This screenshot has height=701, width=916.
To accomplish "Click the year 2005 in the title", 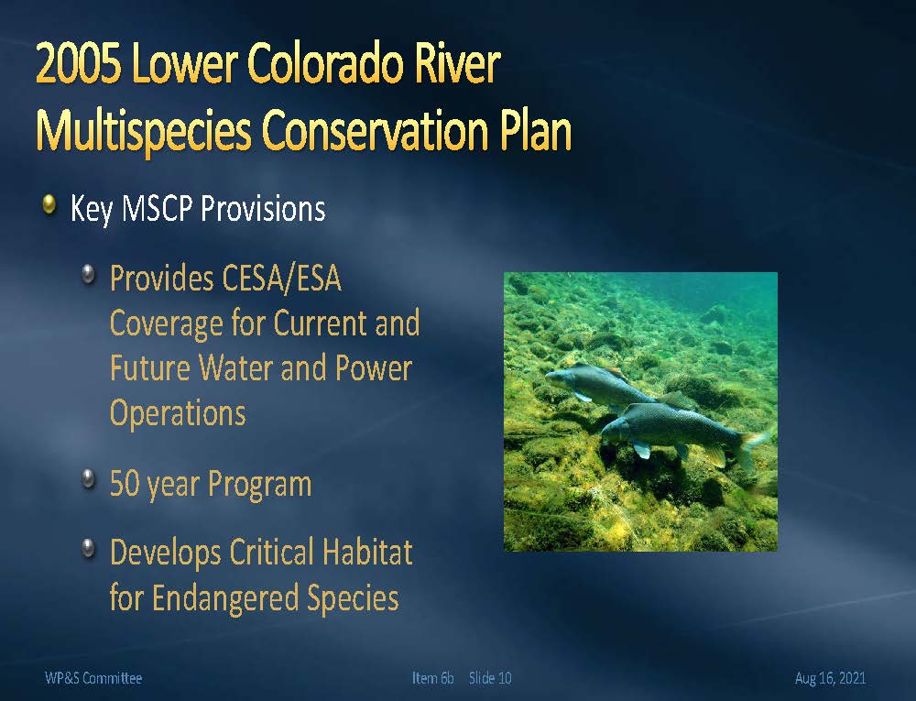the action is (79, 63).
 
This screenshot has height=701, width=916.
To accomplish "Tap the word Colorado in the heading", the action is (325, 63).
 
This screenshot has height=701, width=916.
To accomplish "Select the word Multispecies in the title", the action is (144, 132).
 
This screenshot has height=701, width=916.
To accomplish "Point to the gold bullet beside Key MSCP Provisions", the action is (49, 204).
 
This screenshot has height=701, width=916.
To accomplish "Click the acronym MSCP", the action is (158, 209).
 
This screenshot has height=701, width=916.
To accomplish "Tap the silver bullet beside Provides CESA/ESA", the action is (88, 273).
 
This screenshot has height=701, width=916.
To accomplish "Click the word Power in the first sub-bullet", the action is (374, 368).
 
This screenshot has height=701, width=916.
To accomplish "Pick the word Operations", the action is (179, 414).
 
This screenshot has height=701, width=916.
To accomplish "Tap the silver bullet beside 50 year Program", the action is (88, 478).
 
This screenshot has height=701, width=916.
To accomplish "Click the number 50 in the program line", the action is (124, 484).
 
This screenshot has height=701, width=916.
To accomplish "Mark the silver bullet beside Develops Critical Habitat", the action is (88, 547).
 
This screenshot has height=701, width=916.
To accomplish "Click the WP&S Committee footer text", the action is (93, 678).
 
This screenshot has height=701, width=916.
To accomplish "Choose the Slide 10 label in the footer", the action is (490, 678).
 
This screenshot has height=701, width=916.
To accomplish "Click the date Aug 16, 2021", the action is (830, 678).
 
